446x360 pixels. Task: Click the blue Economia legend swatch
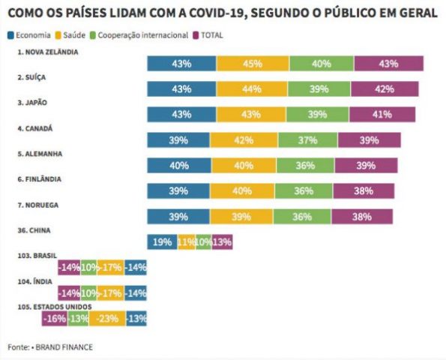pyautogui.click(x=10, y=35)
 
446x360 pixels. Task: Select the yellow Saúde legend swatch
pyautogui.click(x=58, y=35)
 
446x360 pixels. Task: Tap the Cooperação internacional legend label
pyautogui.click(x=142, y=35)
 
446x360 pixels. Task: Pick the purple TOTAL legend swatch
pyautogui.click(x=196, y=35)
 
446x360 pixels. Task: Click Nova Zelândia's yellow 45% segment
pyautogui.click(x=253, y=64)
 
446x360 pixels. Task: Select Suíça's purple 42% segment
pyautogui.click(x=385, y=89)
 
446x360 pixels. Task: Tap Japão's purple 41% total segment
pyautogui.click(x=382, y=115)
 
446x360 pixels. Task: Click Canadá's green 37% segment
pyautogui.click(x=308, y=140)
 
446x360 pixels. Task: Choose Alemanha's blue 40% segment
pyautogui.click(x=179, y=165)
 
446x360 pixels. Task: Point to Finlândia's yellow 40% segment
pyautogui.click(x=242, y=190)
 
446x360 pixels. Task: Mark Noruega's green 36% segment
pyautogui.click(x=302, y=217)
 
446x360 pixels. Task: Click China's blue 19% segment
pyautogui.click(x=163, y=242)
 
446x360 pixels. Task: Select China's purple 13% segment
pyautogui.click(x=222, y=242)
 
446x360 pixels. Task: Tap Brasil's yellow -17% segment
pyautogui.click(x=111, y=268)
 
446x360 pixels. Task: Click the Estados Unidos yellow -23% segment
pyautogui.click(x=107, y=319)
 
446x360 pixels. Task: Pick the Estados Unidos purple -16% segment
pyautogui.click(x=55, y=319)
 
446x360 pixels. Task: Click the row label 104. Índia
pyautogui.click(x=35, y=281)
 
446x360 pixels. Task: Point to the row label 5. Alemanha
pyautogui.click(x=40, y=154)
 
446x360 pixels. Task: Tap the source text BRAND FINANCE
pyautogui.click(x=64, y=347)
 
